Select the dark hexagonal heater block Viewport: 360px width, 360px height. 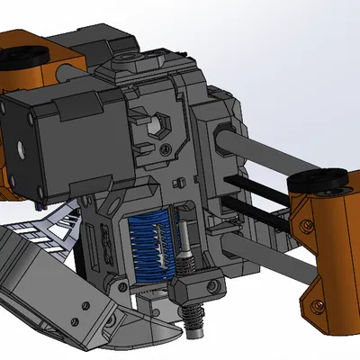[193, 290]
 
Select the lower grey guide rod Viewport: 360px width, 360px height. [261, 243]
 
